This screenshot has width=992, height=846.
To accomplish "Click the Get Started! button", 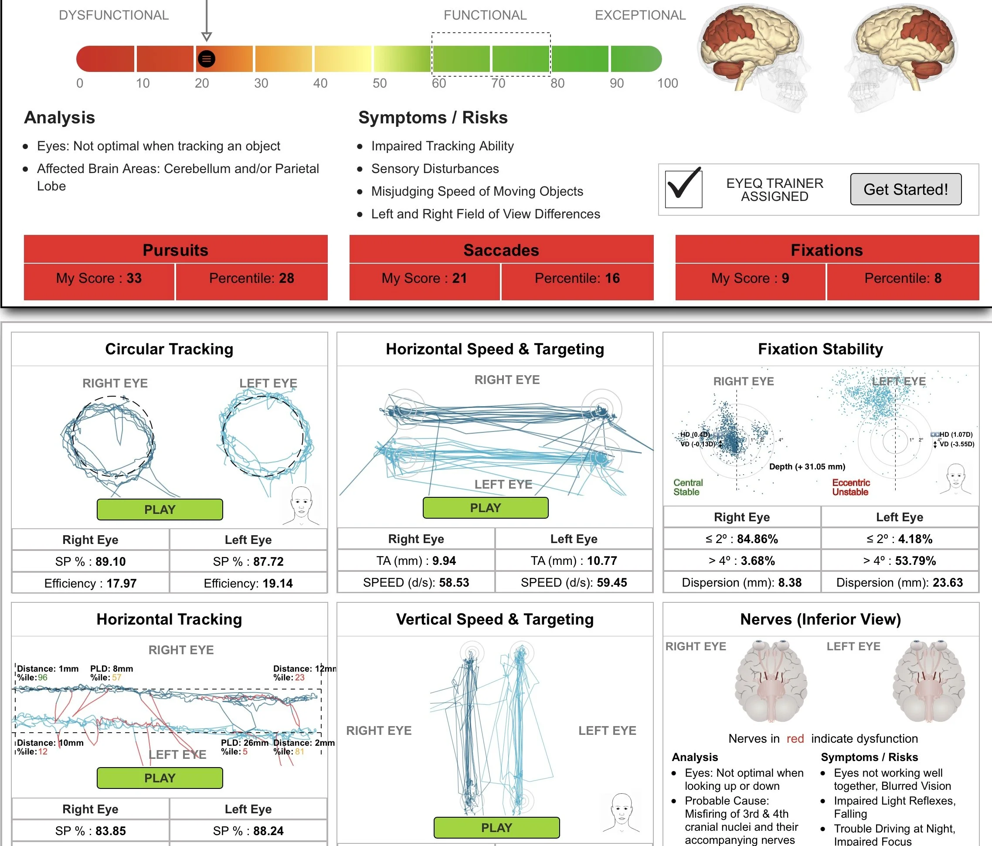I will click(905, 189).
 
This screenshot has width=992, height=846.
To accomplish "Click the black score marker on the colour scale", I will click(206, 59).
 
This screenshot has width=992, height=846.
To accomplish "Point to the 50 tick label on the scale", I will click(379, 83).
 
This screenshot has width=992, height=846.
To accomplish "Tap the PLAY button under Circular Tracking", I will click(160, 510).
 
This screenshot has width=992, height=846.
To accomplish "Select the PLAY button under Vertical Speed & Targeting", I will click(496, 827).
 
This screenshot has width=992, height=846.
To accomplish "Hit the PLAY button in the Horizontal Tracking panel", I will click(160, 778).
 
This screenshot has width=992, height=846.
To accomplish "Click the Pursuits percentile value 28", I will click(286, 278).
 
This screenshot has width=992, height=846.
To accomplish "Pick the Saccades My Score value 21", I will click(459, 278).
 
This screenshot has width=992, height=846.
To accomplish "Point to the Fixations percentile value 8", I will click(938, 278).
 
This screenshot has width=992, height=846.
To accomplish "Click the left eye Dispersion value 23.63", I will click(948, 583).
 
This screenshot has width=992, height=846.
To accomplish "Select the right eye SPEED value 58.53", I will click(454, 583).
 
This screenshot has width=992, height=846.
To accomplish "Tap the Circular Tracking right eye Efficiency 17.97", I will click(121, 584).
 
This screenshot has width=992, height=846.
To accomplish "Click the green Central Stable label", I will click(688, 487).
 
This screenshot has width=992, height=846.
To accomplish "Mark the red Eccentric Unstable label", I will click(851, 487).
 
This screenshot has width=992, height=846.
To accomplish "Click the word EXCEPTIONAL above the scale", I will click(640, 15).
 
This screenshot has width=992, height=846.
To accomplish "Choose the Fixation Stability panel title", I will click(820, 349).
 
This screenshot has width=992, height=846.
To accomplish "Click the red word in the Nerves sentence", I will click(795, 739).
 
